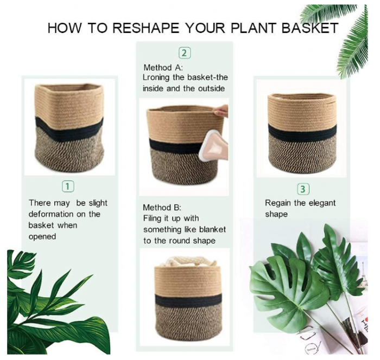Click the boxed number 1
pyautogui.click(x=68, y=187)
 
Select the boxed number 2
pyautogui.click(x=185, y=53)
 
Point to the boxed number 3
pyautogui.click(x=303, y=189)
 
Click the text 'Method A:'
pyautogui.click(x=163, y=68)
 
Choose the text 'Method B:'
pyautogui.click(x=162, y=208)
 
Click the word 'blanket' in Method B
pyautogui.click(x=210, y=229)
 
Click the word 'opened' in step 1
pyautogui.click(x=42, y=236)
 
